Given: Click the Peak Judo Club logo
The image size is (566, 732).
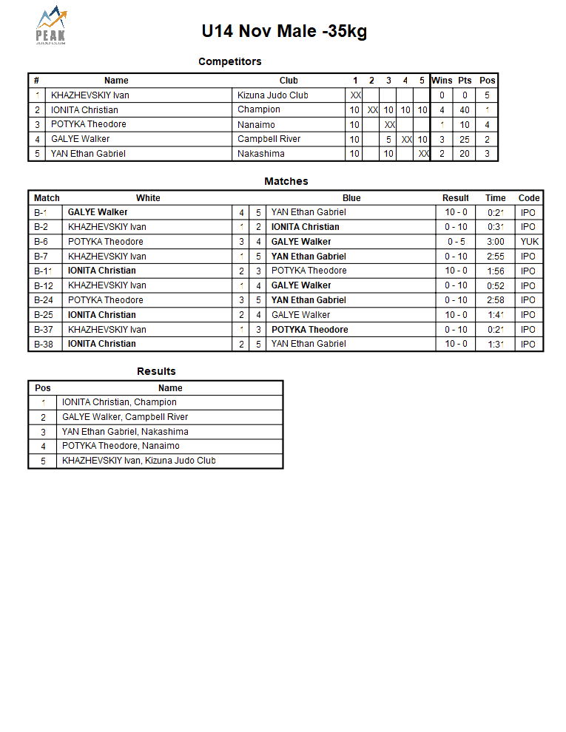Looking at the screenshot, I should [51, 26].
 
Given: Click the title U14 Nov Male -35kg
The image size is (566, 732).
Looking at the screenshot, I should [284, 31].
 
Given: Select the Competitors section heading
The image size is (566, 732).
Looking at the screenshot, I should [229, 61].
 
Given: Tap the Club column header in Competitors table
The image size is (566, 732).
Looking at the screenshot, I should [289, 81].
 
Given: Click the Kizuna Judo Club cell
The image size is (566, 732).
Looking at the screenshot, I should [273, 95].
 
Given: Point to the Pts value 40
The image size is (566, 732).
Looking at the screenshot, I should [465, 110].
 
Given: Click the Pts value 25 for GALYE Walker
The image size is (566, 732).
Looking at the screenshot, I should [465, 139].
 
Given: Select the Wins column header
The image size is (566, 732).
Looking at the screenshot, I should [442, 81].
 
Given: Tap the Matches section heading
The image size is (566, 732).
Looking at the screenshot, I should [286, 181].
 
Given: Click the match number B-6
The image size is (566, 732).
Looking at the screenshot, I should [41, 242].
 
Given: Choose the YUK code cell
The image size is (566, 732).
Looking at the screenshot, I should [529, 242].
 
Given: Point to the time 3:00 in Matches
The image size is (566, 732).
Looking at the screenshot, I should [495, 242].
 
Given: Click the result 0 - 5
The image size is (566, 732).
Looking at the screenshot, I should [456, 242].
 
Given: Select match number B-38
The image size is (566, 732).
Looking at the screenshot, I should [44, 344].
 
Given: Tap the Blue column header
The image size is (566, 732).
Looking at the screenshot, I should [351, 198].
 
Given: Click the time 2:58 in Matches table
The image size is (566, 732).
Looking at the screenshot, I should [495, 300].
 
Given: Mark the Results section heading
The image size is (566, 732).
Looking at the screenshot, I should [156, 371].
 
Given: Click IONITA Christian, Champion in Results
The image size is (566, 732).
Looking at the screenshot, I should [119, 402].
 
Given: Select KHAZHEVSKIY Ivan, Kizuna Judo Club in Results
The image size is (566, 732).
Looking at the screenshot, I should [139, 461].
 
